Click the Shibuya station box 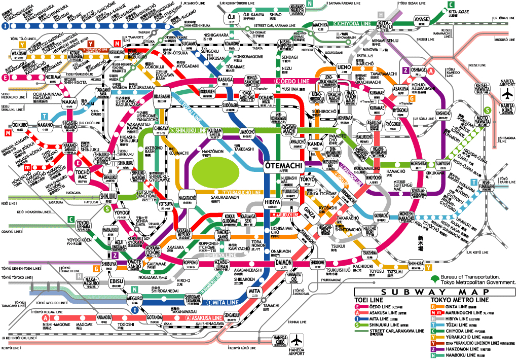(x=109, y=264)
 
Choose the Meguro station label (x=135, y=299)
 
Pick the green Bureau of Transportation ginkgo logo (x=434, y=278)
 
